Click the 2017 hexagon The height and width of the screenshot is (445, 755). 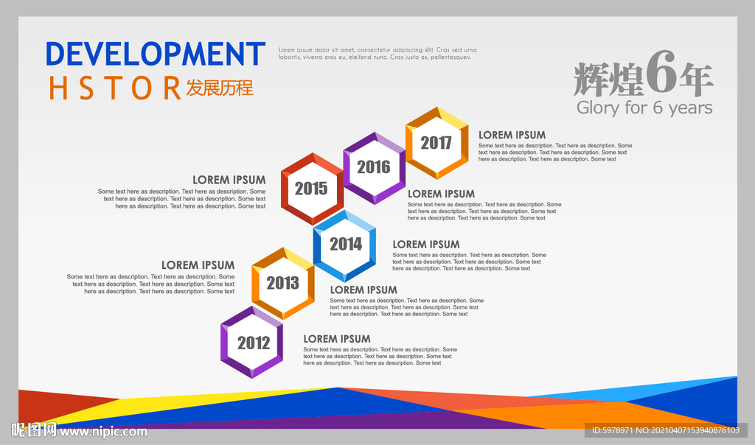(x=436, y=143)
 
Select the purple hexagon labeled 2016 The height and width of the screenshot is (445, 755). (x=374, y=168)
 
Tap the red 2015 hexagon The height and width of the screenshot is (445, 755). (x=312, y=189)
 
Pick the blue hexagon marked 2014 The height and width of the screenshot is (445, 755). (x=345, y=245)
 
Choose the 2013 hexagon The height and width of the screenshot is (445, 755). (x=283, y=284)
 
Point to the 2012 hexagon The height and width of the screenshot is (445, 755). (x=252, y=343)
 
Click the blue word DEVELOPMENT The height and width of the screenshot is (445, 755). (x=156, y=53)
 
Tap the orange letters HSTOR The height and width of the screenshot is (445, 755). (x=114, y=88)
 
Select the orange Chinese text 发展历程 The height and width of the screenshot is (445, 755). (x=220, y=88)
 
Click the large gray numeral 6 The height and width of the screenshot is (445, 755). (x=661, y=72)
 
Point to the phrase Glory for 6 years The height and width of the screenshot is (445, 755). (x=644, y=108)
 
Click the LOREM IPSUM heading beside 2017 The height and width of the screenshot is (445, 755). (x=512, y=135)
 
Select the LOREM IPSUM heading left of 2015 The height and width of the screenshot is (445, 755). (x=229, y=180)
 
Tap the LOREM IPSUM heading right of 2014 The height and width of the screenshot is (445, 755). (x=426, y=245)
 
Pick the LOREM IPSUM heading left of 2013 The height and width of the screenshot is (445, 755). (x=198, y=265)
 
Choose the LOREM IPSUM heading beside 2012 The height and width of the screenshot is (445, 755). (x=337, y=339)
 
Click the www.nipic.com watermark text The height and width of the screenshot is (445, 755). (x=103, y=432)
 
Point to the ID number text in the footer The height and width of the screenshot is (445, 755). (x=666, y=430)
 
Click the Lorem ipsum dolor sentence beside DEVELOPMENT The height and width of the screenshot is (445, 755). (x=377, y=53)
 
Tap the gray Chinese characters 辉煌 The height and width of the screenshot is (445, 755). (x=608, y=80)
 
